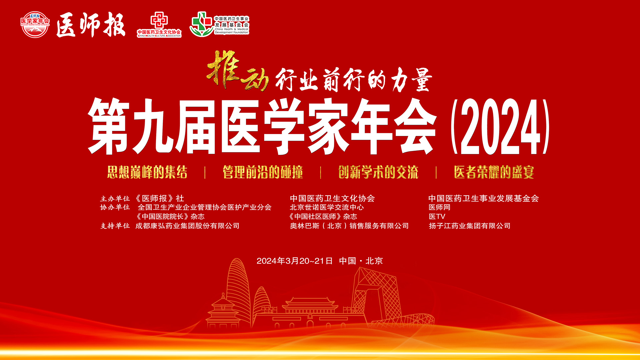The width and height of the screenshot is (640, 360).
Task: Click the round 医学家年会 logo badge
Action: (x=35, y=24)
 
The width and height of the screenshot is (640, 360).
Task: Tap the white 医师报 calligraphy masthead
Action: (x=91, y=25)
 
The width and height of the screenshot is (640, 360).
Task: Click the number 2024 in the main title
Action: (x=500, y=127)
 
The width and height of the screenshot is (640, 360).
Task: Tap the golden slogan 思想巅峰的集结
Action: (x=147, y=172)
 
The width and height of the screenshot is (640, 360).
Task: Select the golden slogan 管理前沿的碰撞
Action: (x=263, y=172)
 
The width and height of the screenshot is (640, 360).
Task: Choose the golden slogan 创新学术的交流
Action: (x=378, y=172)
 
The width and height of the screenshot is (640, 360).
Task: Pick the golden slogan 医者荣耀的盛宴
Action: (x=494, y=172)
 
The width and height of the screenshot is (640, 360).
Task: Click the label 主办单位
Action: (x=115, y=199)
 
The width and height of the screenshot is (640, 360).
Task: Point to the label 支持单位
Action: (x=115, y=226)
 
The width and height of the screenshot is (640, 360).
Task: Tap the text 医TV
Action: (x=437, y=217)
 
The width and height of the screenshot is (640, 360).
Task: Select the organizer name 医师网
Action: (x=439, y=207)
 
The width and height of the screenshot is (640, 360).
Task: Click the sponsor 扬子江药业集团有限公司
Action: (x=469, y=226)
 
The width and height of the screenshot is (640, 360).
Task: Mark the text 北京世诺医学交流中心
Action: (x=327, y=207)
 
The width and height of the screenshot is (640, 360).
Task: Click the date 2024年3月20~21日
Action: (x=295, y=261)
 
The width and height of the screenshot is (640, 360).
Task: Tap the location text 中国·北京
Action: (x=361, y=261)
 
